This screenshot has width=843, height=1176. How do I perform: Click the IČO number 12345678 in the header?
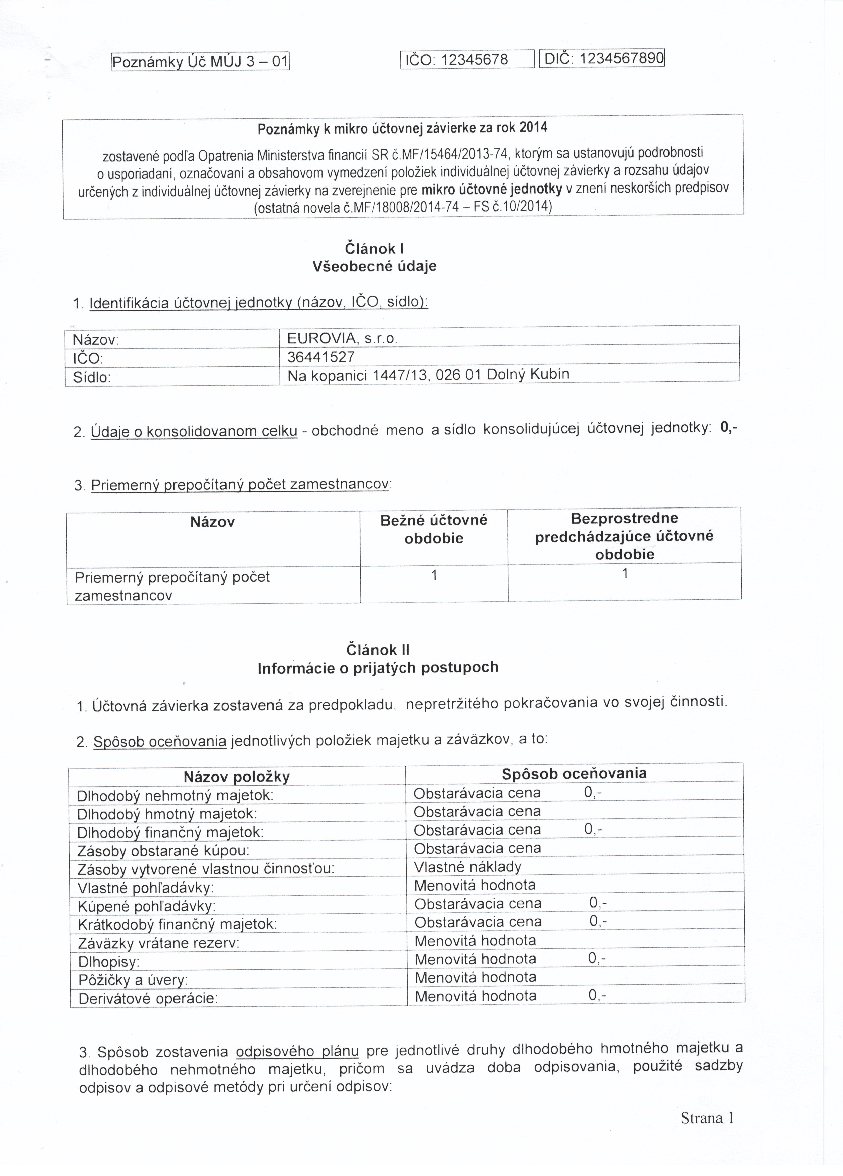pos(474,60)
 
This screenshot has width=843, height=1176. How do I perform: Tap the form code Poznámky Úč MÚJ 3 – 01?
pos(200,63)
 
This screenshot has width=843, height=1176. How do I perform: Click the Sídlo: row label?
pos(92,377)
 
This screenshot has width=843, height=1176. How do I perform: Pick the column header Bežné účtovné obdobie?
pos(434,529)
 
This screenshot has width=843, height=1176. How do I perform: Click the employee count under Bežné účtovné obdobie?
pos(434,575)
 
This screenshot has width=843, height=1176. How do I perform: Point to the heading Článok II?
pos(378,650)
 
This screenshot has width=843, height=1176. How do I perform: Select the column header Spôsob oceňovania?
pos(574,773)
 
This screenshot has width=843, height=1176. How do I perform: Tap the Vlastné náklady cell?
pos(467,866)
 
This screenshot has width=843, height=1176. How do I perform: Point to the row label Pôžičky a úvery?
pos(133,980)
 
